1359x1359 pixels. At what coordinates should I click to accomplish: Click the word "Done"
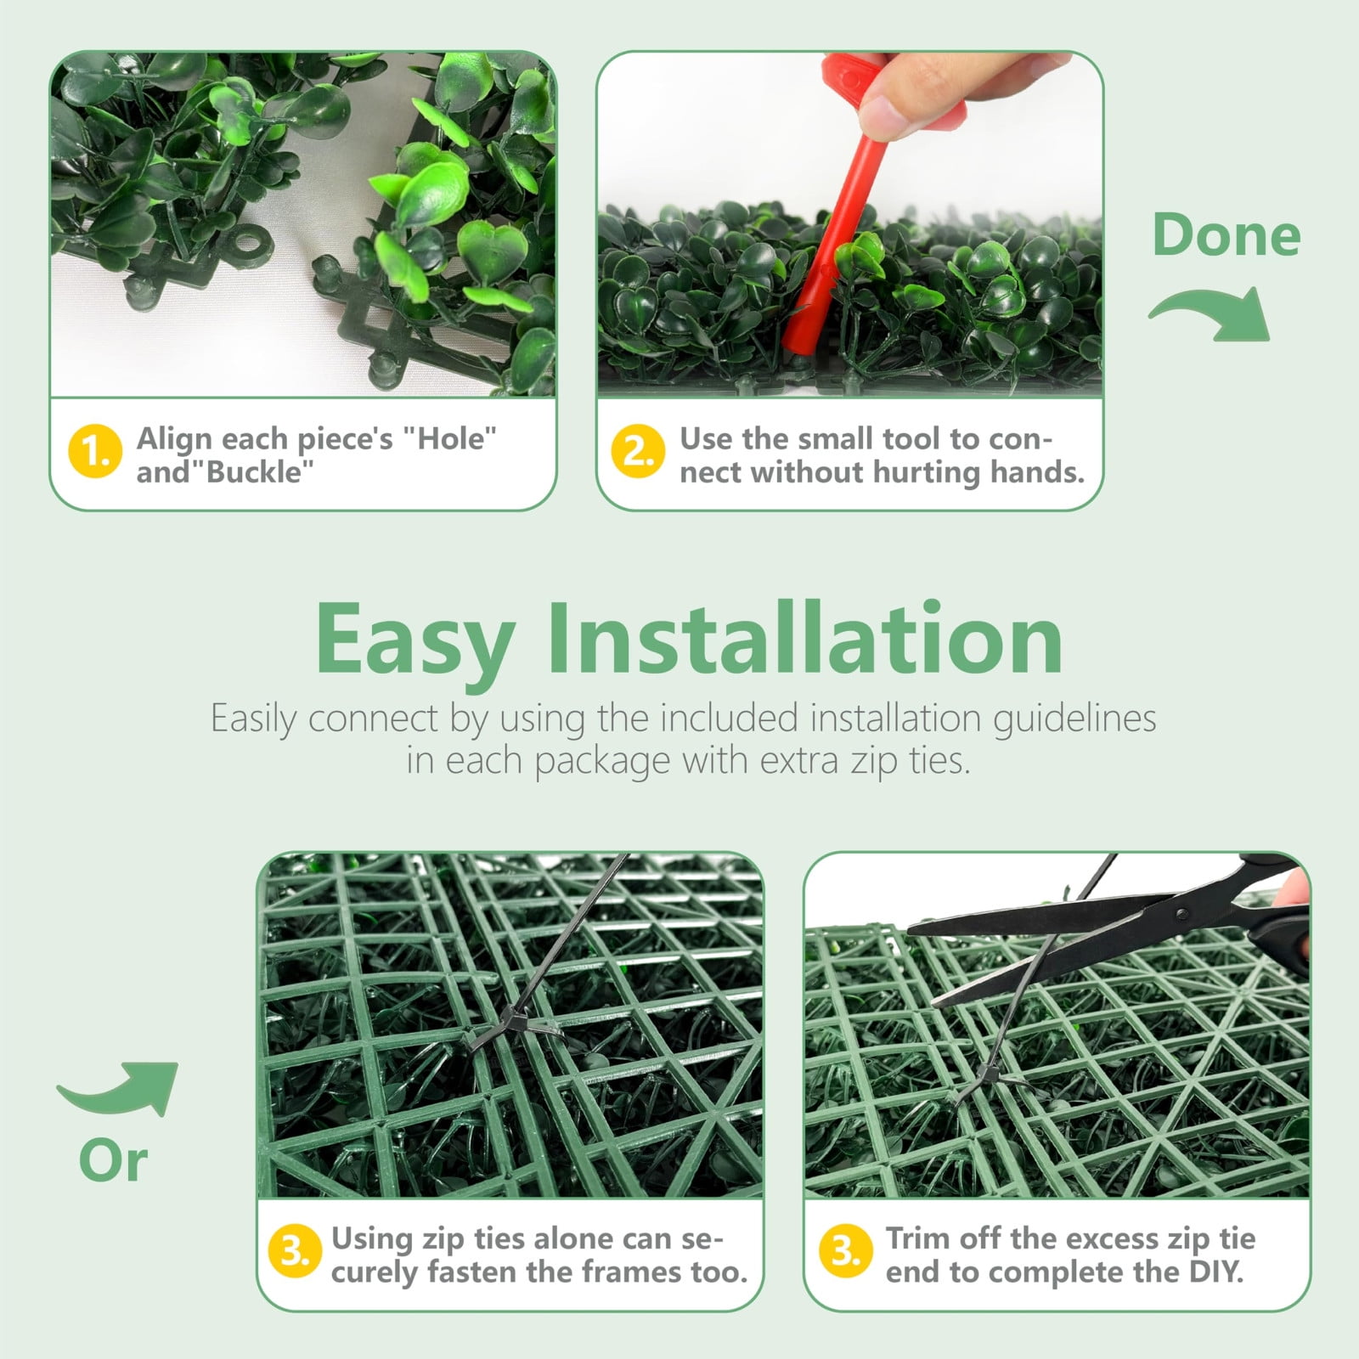(1226, 235)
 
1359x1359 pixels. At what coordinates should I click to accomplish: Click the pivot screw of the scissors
(1181, 913)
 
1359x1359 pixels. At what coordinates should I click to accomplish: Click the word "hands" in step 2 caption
(1036, 471)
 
